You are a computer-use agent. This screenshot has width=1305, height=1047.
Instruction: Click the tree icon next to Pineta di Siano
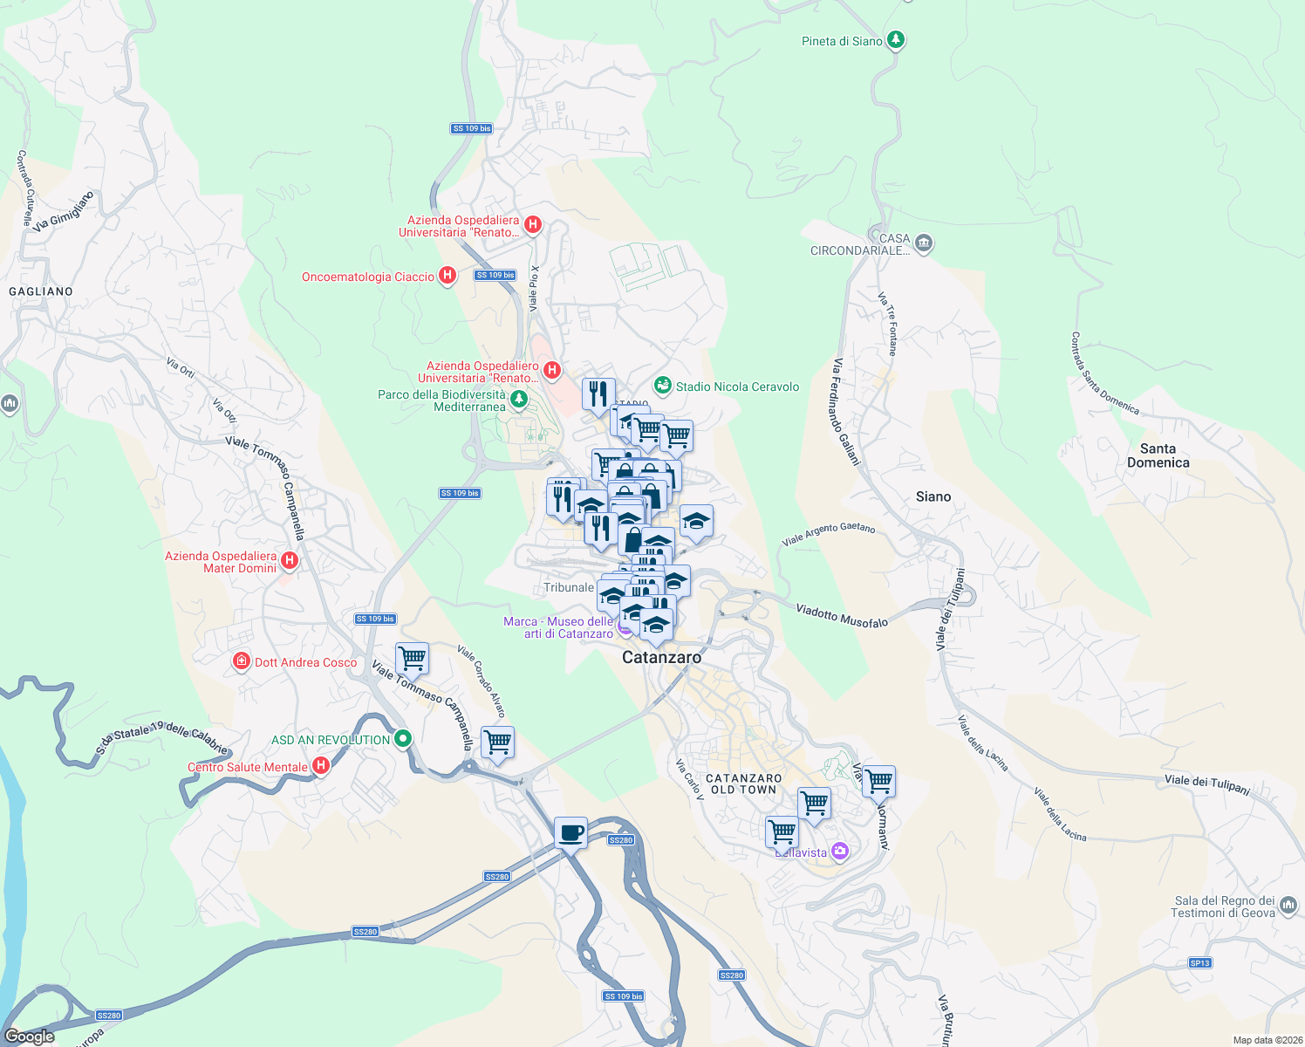click(x=895, y=40)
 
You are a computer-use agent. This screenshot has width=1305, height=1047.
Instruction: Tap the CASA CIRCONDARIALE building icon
click(x=924, y=243)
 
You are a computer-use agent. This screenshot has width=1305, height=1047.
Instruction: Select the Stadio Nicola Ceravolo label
click(x=737, y=387)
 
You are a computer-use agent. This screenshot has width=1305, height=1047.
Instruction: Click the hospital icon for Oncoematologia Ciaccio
click(x=448, y=276)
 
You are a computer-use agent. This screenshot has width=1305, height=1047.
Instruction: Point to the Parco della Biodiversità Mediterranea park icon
click(x=519, y=400)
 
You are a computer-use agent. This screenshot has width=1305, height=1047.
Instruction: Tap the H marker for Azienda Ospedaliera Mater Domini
click(x=290, y=561)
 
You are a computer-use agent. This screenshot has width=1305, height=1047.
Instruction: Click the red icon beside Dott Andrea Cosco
click(x=242, y=662)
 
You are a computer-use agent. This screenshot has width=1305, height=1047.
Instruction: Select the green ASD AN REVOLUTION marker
click(x=402, y=739)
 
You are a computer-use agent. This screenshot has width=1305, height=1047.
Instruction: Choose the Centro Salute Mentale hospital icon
click(x=321, y=766)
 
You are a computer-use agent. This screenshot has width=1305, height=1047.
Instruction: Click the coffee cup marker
click(x=571, y=832)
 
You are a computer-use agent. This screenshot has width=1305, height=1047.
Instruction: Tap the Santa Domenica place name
click(x=1158, y=455)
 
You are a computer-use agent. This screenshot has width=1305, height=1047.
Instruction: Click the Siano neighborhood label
click(x=933, y=496)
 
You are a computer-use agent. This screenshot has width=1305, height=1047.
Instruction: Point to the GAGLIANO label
click(x=41, y=291)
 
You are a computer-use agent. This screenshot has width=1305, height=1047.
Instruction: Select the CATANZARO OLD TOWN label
click(x=743, y=784)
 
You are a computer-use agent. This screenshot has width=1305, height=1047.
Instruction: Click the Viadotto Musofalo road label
click(x=842, y=615)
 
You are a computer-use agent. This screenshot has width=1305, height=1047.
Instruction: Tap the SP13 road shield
click(x=1199, y=963)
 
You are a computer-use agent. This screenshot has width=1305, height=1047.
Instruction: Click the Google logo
click(x=30, y=1037)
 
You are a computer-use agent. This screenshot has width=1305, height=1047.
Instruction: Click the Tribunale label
click(x=568, y=587)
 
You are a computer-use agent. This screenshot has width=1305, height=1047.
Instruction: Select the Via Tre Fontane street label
click(x=888, y=324)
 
